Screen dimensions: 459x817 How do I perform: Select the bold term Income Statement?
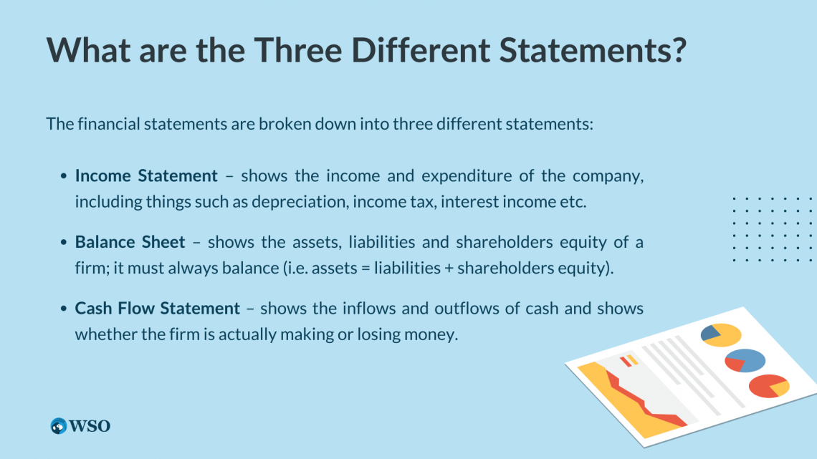coord(146,176)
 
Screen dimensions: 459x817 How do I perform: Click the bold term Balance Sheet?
coord(130,242)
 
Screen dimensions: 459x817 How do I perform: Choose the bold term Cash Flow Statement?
coord(158,309)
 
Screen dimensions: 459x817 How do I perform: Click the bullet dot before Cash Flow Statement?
coord(64,309)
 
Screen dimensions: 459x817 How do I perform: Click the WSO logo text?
coord(90,426)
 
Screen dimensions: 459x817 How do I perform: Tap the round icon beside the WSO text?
coord(59,426)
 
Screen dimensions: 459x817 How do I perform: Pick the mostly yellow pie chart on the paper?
coord(720,334)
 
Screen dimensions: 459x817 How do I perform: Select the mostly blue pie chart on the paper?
coord(745,360)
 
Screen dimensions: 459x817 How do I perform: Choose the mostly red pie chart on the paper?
coord(768,386)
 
